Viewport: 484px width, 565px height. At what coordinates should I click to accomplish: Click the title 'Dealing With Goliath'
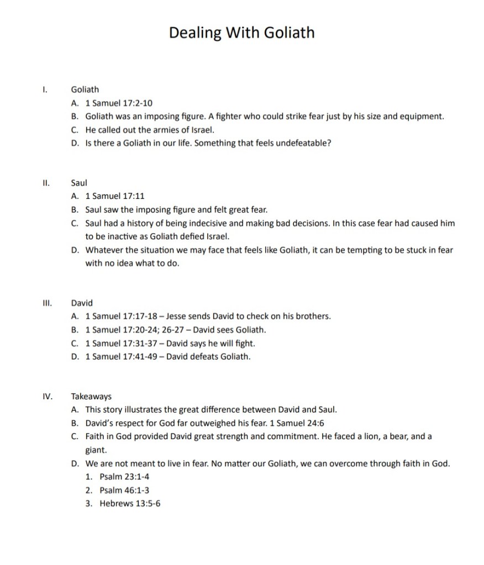(241, 33)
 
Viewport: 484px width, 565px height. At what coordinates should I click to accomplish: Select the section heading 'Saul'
(79, 182)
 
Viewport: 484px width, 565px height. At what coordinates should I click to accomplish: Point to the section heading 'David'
(82, 303)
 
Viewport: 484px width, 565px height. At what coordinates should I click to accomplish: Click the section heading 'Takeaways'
(91, 397)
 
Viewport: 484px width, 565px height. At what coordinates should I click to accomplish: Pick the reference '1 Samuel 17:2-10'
(119, 103)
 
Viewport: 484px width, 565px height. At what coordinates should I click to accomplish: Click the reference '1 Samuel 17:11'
(115, 196)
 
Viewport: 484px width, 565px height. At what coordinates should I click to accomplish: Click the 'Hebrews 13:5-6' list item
(130, 504)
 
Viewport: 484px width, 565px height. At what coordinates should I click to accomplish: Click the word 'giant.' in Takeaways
(96, 450)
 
